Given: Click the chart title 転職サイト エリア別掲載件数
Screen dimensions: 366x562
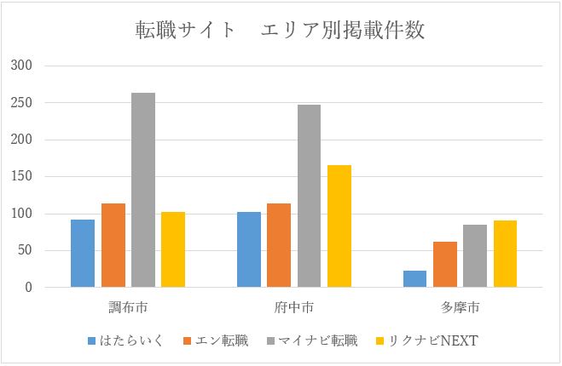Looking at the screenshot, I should (281, 31).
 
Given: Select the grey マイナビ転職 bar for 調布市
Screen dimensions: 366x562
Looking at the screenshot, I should (143, 190).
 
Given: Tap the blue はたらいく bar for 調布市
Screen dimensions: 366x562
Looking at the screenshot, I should (83, 254).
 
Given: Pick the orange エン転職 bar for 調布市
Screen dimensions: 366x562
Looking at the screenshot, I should (113, 245).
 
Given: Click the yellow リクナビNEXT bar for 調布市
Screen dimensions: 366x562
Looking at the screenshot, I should (173, 249).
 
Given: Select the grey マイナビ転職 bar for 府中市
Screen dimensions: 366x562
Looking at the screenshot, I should (309, 196).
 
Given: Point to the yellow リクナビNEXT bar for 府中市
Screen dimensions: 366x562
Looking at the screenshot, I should (339, 226).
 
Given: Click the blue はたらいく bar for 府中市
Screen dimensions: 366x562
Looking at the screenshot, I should (249, 249).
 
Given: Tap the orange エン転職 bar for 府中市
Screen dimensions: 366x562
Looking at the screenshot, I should (279, 245).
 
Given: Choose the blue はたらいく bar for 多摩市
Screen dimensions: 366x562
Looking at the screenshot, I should (414, 279).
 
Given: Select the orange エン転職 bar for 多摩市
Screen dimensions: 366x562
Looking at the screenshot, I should (444, 265).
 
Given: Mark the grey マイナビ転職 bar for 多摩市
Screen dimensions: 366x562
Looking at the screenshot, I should (475, 256).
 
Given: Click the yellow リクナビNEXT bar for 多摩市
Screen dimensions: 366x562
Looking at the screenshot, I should (505, 254).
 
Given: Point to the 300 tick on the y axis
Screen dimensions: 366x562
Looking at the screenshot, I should (21, 66).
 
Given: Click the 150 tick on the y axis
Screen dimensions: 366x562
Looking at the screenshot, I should (21, 177).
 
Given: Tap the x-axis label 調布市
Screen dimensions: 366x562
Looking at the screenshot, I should (128, 306).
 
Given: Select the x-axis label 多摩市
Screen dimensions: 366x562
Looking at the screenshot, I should (460, 306).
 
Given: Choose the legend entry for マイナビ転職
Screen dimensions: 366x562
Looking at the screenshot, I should (316, 341).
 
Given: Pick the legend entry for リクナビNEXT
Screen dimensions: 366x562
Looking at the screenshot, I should (431, 341).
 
